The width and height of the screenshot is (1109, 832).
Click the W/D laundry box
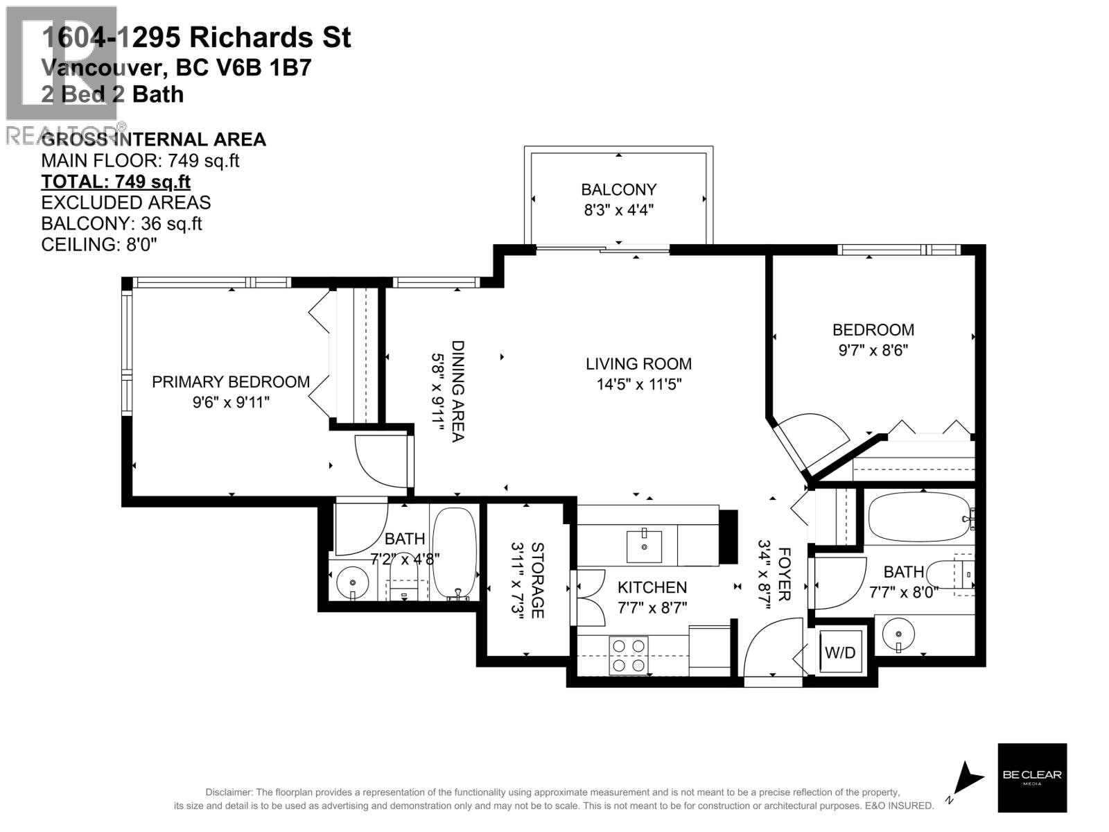840,652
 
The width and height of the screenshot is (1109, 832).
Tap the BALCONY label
618,189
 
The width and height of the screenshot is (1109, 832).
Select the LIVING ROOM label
638,364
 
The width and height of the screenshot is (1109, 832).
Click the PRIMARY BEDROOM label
231,382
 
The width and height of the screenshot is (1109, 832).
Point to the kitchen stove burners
629,656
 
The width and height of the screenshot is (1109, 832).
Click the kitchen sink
644,546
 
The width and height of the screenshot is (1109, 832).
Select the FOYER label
785,574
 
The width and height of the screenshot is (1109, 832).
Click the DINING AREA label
457,390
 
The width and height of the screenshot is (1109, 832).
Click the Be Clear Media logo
1031,777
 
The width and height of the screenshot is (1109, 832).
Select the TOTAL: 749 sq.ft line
116,182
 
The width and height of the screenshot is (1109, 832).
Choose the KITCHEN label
652,587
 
